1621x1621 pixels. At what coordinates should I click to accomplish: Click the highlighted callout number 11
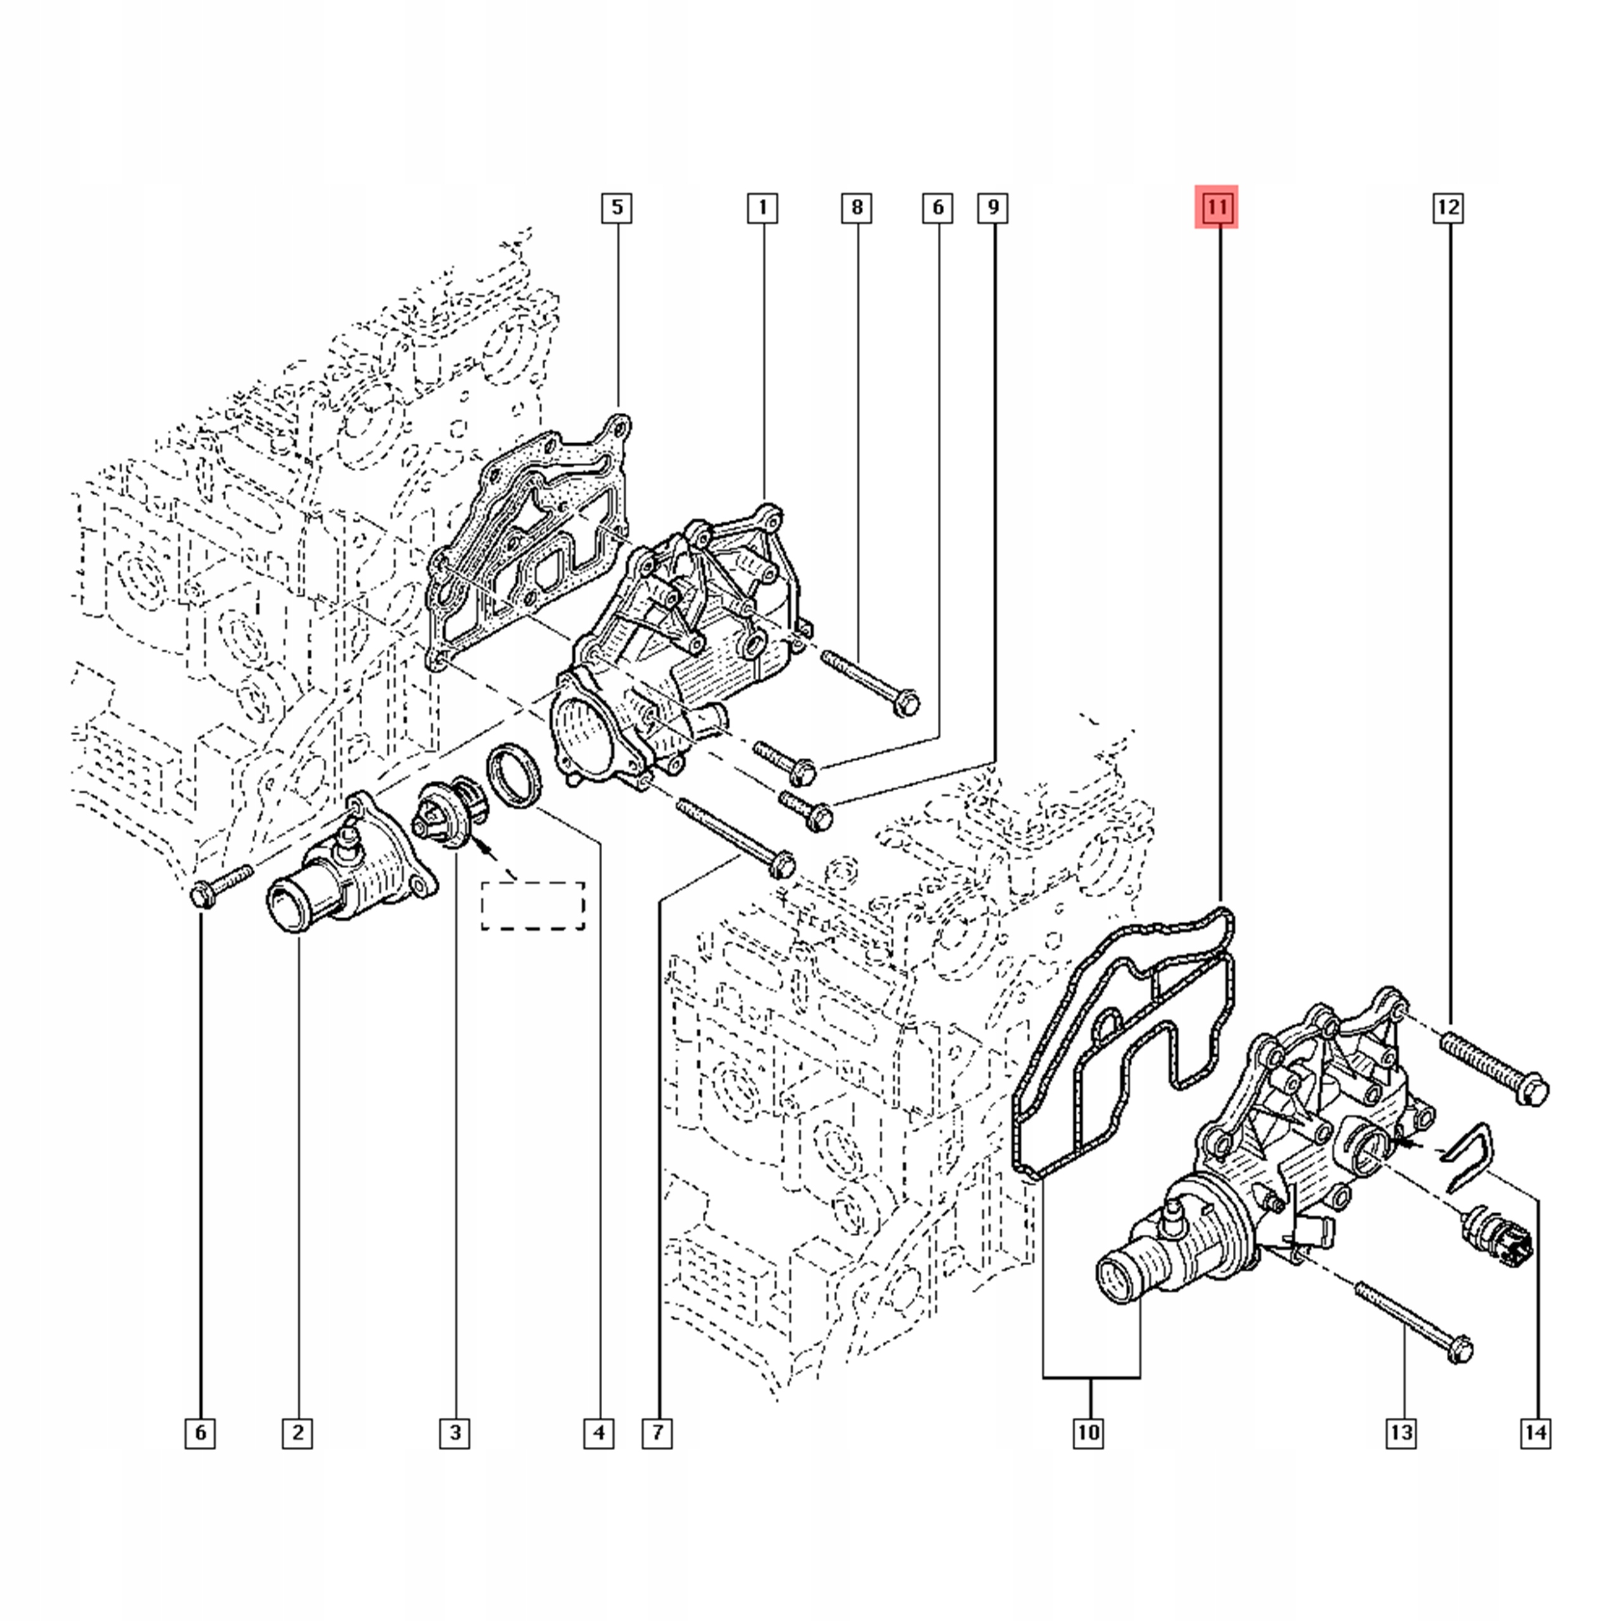point(1216,207)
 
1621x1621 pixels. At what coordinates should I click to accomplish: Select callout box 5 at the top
point(617,207)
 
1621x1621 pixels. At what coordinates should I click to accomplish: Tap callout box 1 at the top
point(762,207)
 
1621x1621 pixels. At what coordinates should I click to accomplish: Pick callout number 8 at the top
point(857,207)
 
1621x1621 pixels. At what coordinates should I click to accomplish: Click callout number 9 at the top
point(993,207)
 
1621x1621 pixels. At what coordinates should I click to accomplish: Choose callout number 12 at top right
point(1448,207)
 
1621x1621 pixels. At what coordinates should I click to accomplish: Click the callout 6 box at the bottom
point(199,1432)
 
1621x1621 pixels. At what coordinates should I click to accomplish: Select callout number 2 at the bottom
point(297,1432)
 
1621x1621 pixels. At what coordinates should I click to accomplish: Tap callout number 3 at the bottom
point(455,1432)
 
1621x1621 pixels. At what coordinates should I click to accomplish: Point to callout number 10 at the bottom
point(1088,1432)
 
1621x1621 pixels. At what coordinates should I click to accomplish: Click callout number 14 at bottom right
point(1536,1432)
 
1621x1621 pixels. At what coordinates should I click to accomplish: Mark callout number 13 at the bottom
point(1401,1432)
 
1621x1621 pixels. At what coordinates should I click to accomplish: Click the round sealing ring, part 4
point(514,776)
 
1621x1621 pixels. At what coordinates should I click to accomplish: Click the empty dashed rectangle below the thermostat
point(533,906)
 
